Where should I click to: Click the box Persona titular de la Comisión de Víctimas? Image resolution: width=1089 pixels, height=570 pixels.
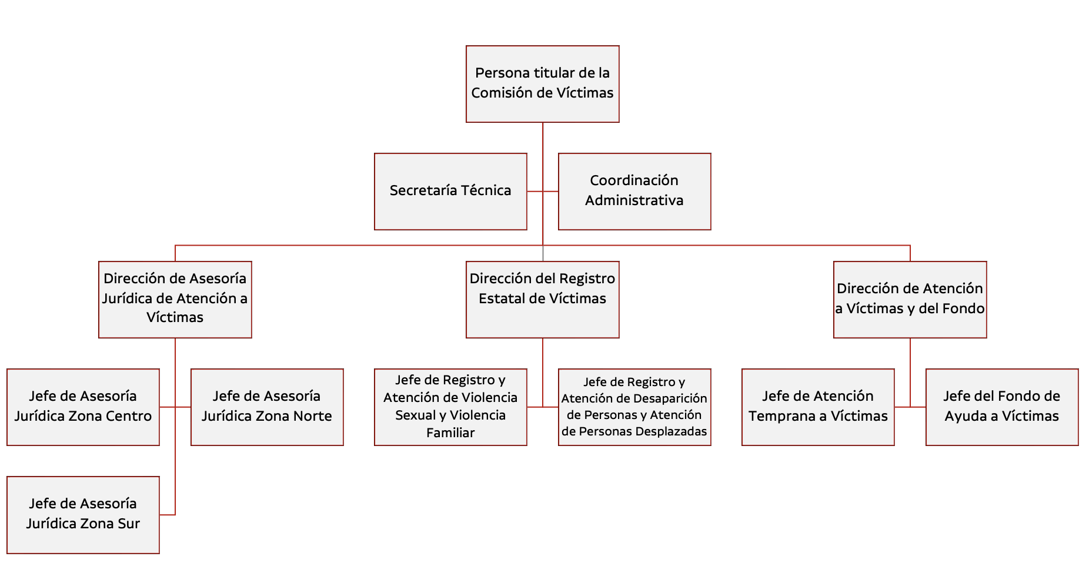pos(542,84)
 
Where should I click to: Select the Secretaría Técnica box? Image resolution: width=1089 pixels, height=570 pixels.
pos(450,192)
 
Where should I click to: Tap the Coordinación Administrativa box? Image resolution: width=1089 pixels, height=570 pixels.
pos(634,192)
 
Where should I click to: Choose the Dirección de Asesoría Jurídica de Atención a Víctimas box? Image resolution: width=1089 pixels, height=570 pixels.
pos(175,300)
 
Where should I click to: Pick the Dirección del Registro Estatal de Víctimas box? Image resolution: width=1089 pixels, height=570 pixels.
pos(542,300)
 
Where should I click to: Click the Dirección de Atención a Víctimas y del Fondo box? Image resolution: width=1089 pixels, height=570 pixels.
pos(910,300)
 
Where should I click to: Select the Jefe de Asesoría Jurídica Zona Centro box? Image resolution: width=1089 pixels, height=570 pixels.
pos(83,407)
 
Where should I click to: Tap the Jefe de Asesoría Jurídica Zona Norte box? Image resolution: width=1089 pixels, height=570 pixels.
pos(267,407)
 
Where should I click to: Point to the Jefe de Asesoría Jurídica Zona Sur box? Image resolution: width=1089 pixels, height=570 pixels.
pos(83,515)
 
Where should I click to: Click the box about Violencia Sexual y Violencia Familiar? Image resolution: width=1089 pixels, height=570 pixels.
pos(450,407)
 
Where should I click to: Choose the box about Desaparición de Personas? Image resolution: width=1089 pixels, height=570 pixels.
pos(634,407)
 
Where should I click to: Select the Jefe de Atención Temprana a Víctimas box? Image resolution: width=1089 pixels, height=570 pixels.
pos(818,407)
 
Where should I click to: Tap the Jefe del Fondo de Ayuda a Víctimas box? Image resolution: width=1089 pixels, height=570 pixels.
pos(1002,407)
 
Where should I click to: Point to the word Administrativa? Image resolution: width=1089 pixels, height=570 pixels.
pos(634,200)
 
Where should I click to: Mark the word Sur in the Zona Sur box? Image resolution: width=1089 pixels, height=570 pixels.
pos(129,524)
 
